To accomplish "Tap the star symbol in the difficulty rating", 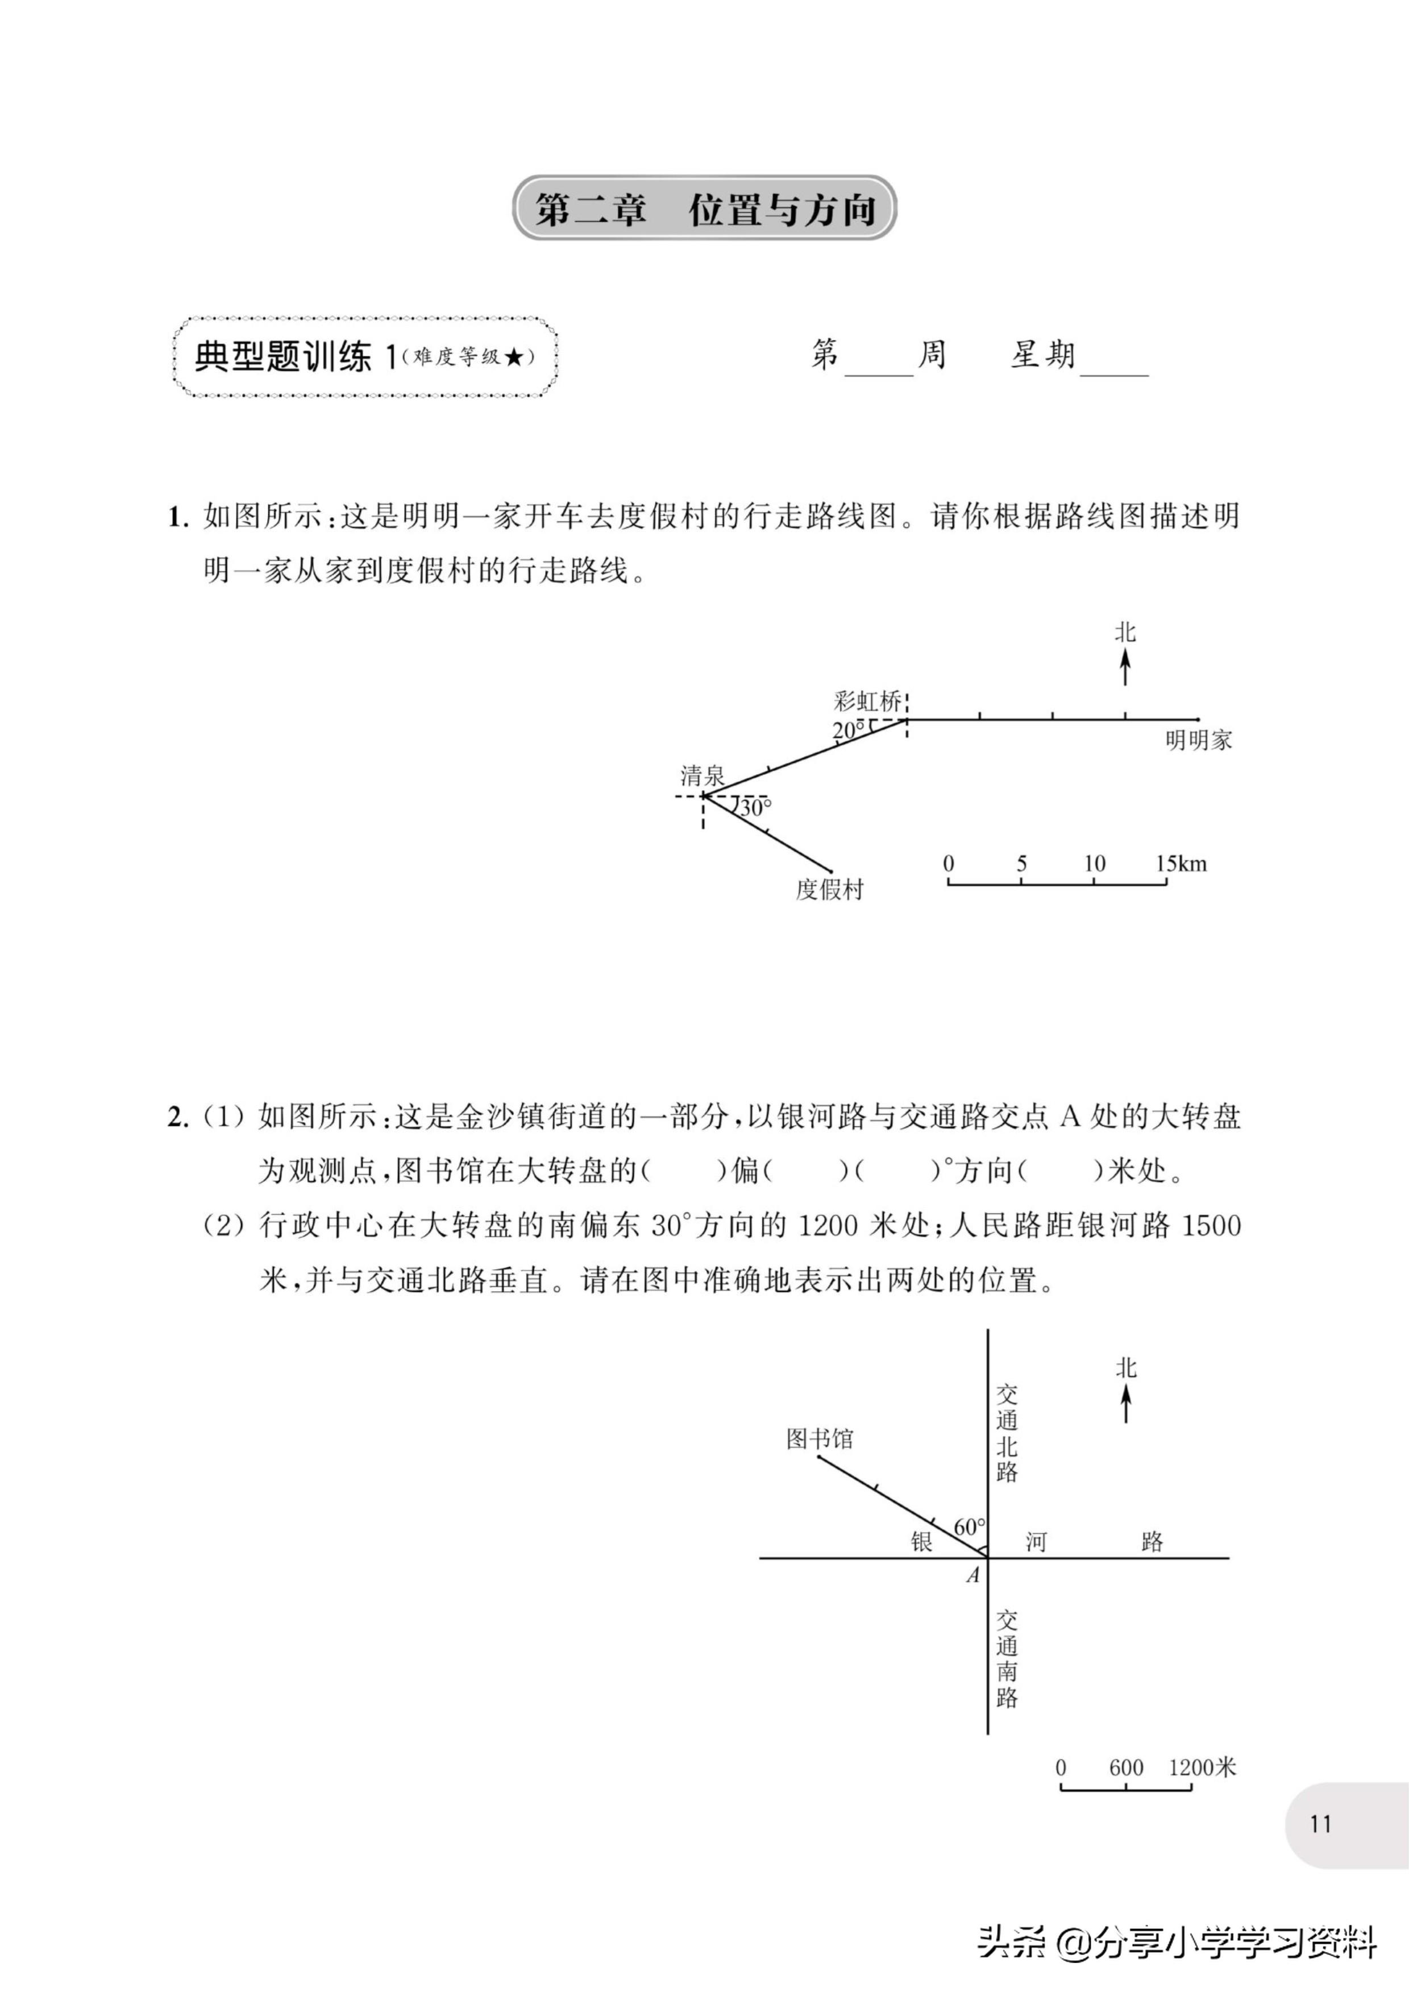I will pyautogui.click(x=514, y=356).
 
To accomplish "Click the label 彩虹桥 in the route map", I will pyautogui.click(x=867, y=700).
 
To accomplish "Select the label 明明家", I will pyautogui.click(x=1198, y=740).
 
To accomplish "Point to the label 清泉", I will pyautogui.click(x=702, y=775).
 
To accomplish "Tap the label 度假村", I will pyautogui.click(x=829, y=889).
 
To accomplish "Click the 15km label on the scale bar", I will pyautogui.click(x=1181, y=864).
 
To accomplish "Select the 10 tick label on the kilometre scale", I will pyautogui.click(x=1094, y=864).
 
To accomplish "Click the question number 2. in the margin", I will pyautogui.click(x=178, y=1118).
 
